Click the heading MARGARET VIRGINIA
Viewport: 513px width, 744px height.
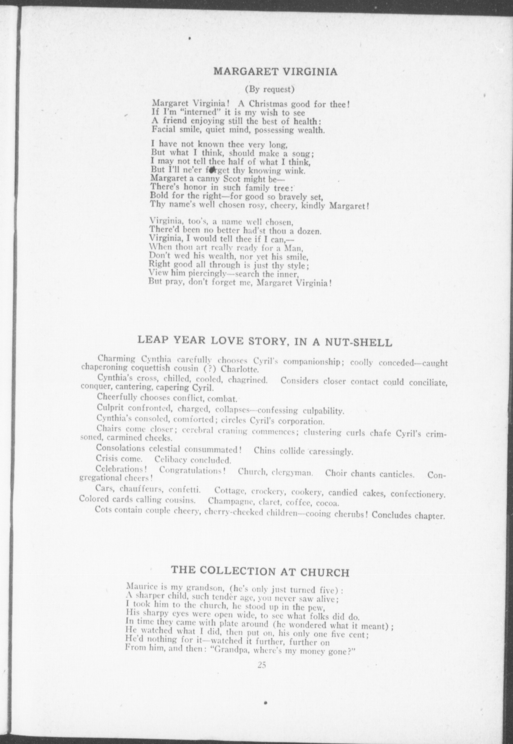[x=276, y=71]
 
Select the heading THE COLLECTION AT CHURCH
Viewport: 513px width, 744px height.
[x=260, y=571]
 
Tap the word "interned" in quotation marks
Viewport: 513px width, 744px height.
[x=190, y=112]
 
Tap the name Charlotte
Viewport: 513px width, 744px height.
[x=239, y=369]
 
